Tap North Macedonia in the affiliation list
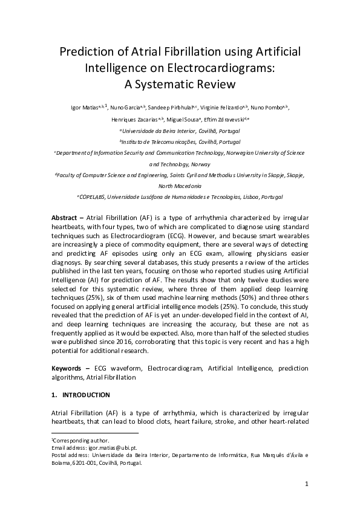[x=180, y=186]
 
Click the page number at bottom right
[x=307, y=484]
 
